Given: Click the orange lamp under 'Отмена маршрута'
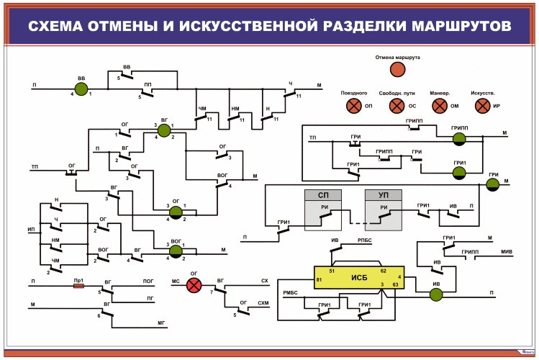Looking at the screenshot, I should pyautogui.click(x=398, y=69).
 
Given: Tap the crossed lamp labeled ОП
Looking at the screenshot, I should pyautogui.click(x=353, y=106).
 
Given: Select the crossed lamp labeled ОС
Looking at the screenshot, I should pyautogui.click(x=397, y=106).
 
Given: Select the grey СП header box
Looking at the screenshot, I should pyautogui.click(x=322, y=195).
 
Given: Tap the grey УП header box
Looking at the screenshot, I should pyautogui.click(x=383, y=195).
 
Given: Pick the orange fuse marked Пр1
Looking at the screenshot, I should pyautogui.click(x=79, y=285).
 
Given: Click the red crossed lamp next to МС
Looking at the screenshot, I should pyautogui.click(x=194, y=285).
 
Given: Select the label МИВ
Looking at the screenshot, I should pyautogui.click(x=507, y=252).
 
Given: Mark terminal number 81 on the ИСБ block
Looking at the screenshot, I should pyautogui.click(x=319, y=280).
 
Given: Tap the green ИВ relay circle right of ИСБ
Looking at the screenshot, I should pyautogui.click(x=435, y=294).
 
